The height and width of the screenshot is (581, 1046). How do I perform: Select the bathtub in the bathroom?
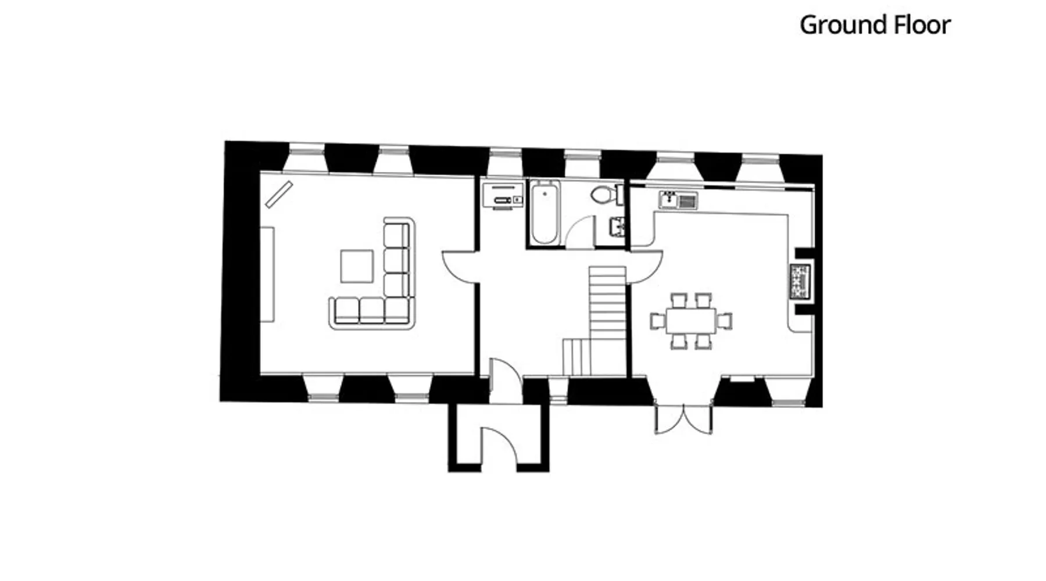(x=545, y=213)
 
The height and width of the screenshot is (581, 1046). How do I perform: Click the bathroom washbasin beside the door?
(x=617, y=227)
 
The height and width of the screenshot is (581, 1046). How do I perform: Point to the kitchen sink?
(x=678, y=200)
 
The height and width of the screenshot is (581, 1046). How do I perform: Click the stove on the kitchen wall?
(x=800, y=282)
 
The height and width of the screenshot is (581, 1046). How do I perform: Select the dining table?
(x=691, y=321)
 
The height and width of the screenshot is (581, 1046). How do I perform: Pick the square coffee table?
(x=357, y=266)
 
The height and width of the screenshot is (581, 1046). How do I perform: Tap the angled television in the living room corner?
(x=279, y=194)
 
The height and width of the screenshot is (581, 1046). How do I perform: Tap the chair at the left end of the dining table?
(x=657, y=321)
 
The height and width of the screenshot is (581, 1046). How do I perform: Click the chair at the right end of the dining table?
(x=725, y=321)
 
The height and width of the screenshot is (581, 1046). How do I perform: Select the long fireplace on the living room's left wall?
(x=267, y=274)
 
